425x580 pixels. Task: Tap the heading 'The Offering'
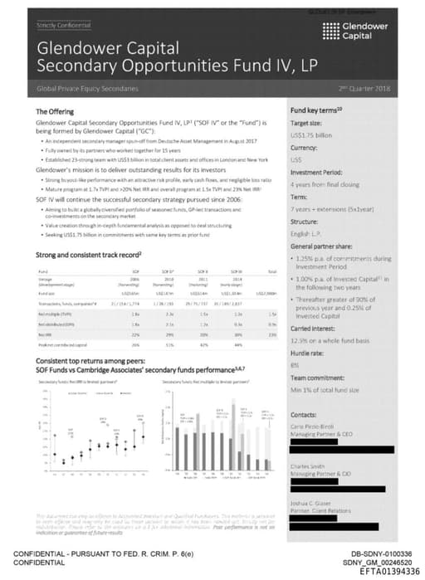tap(55, 111)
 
